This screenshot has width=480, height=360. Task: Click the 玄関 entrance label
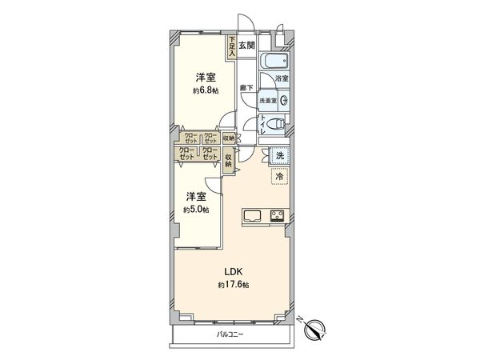point(246,46)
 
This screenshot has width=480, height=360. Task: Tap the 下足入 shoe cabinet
point(232,46)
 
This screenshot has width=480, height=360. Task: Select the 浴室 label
point(281,79)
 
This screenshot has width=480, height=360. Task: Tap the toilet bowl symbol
point(274,123)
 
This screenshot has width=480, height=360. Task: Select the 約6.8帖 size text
point(205,92)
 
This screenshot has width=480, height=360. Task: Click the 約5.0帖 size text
point(195,210)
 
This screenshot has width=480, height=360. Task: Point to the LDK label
point(222,271)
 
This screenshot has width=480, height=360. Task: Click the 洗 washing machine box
point(278,156)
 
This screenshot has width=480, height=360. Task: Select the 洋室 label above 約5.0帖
point(196,196)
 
